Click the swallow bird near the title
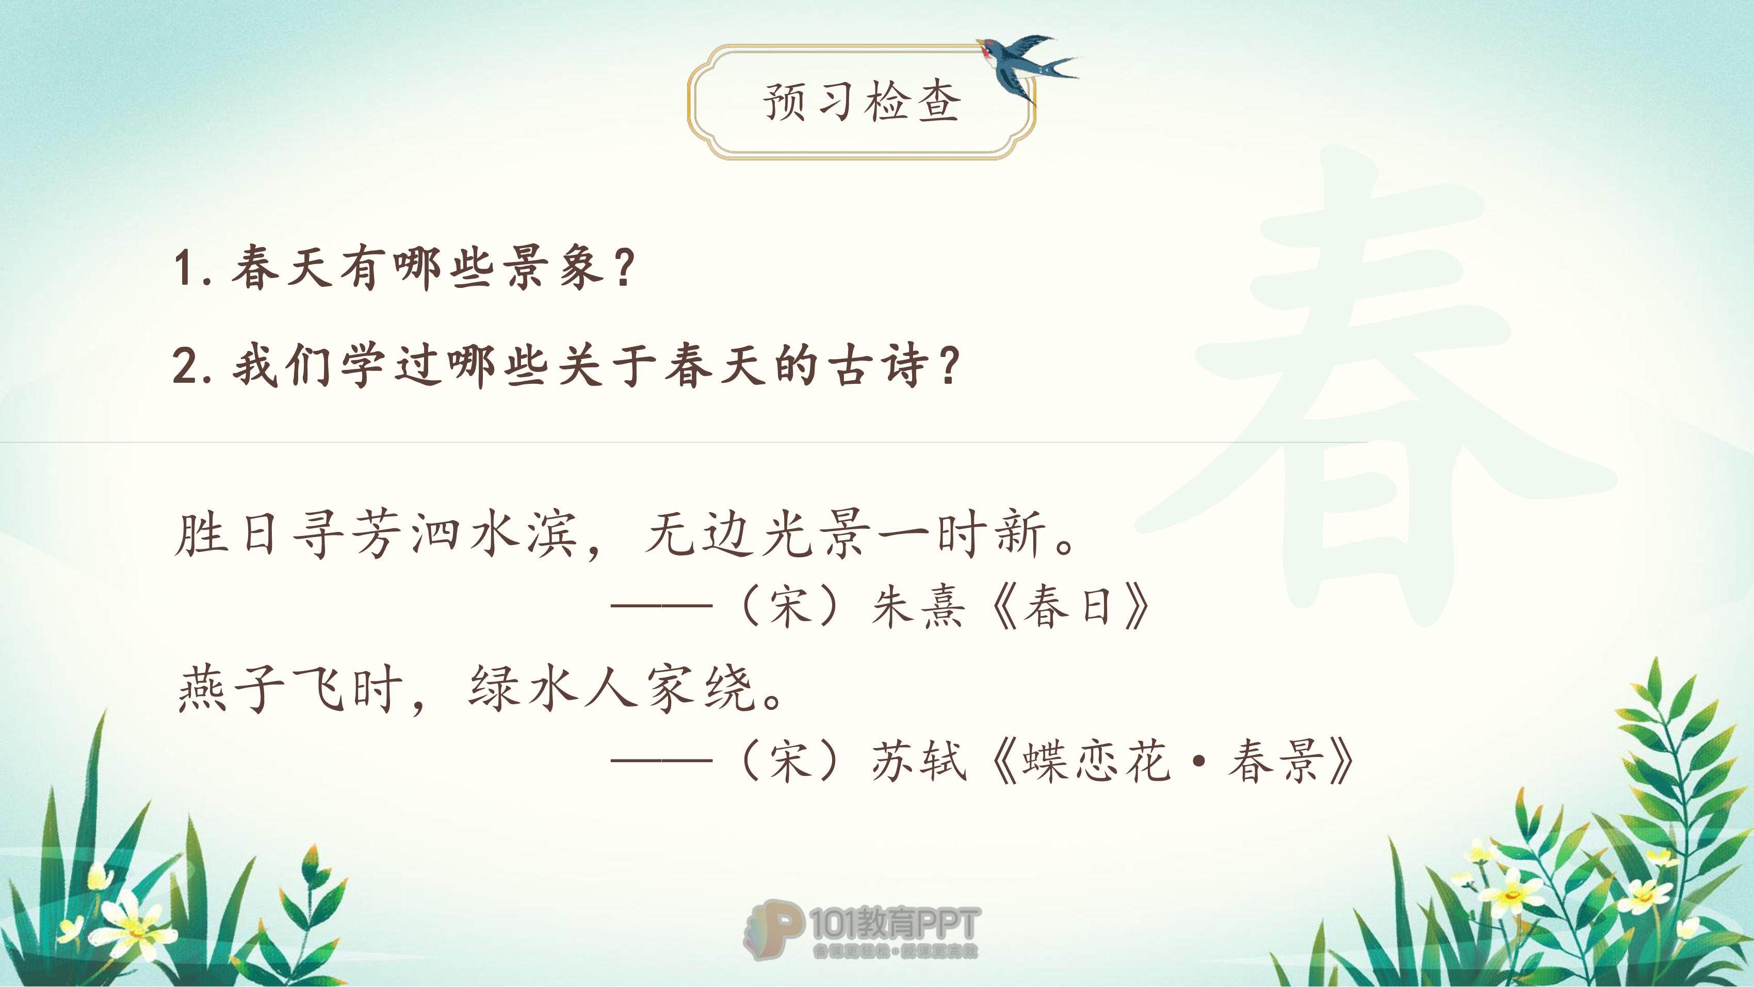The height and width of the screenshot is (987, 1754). point(1025,68)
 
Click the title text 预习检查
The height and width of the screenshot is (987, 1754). point(862,102)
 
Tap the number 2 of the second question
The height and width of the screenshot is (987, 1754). point(185,366)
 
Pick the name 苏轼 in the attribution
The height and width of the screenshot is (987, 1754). point(919,761)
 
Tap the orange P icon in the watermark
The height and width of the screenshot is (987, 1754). point(773,929)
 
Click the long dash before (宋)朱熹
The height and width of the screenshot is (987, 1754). point(661,606)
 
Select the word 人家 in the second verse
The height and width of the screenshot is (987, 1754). point(637,689)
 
